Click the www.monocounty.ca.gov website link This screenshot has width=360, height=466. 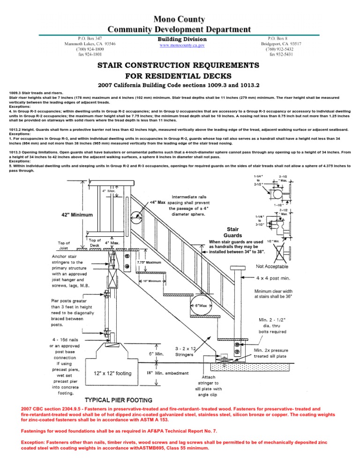(182, 45)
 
